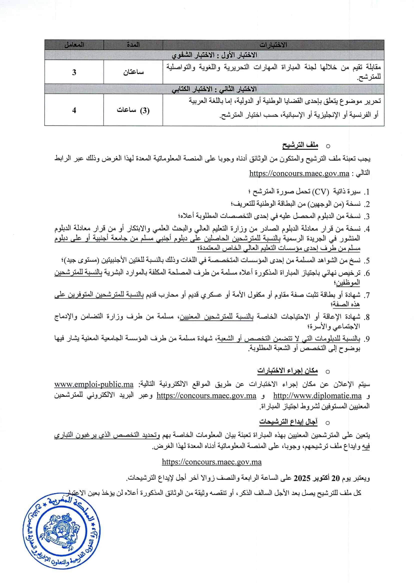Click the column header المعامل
pyautogui.click(x=74, y=45)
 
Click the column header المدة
pyautogui.click(x=133, y=45)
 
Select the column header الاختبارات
pyautogui.click(x=273, y=45)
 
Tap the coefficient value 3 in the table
pyautogui.click(x=74, y=72)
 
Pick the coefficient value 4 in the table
pyautogui.click(x=74, y=111)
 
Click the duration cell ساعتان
pyautogui.click(x=133, y=72)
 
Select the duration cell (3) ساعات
pyautogui.click(x=133, y=111)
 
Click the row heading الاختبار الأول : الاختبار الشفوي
pyautogui.click(x=214, y=55)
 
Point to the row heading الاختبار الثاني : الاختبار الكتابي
pyautogui.click(x=214, y=89)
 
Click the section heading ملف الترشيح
pyautogui.click(x=300, y=145)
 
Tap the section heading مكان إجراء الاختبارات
pyautogui.click(x=287, y=371)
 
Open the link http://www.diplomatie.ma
pyautogui.click(x=317, y=396)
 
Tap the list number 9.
pyautogui.click(x=366, y=339)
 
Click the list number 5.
pyautogui.click(x=366, y=261)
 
